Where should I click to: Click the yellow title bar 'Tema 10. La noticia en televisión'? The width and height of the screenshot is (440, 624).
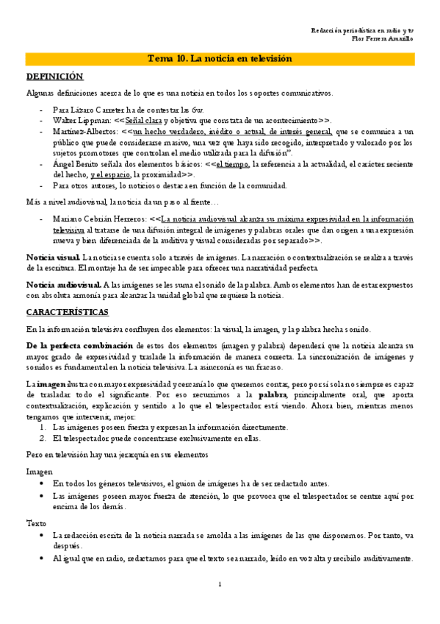point(220,60)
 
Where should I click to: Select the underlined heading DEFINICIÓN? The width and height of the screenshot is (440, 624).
point(55,77)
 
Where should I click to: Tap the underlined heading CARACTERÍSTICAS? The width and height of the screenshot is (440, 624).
point(68,312)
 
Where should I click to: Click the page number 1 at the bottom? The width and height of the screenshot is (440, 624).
point(220,584)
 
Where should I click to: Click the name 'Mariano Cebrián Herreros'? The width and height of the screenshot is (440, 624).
point(98,219)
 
